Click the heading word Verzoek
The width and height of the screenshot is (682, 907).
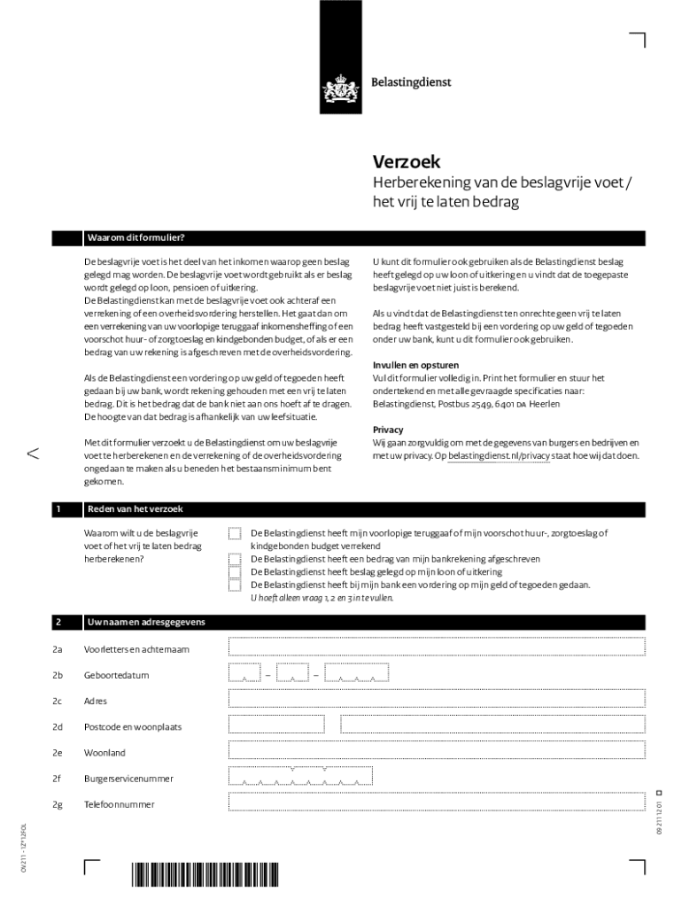406,162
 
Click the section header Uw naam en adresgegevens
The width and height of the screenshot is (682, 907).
145,623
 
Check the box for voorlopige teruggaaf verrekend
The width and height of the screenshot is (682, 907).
235,533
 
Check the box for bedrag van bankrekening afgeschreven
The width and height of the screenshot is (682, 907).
235,560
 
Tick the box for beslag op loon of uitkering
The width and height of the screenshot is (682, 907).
235,572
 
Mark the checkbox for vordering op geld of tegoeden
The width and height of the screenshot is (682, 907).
235,585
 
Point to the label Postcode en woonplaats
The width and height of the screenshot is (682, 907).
132,727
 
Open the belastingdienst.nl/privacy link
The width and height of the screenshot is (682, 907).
500,456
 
